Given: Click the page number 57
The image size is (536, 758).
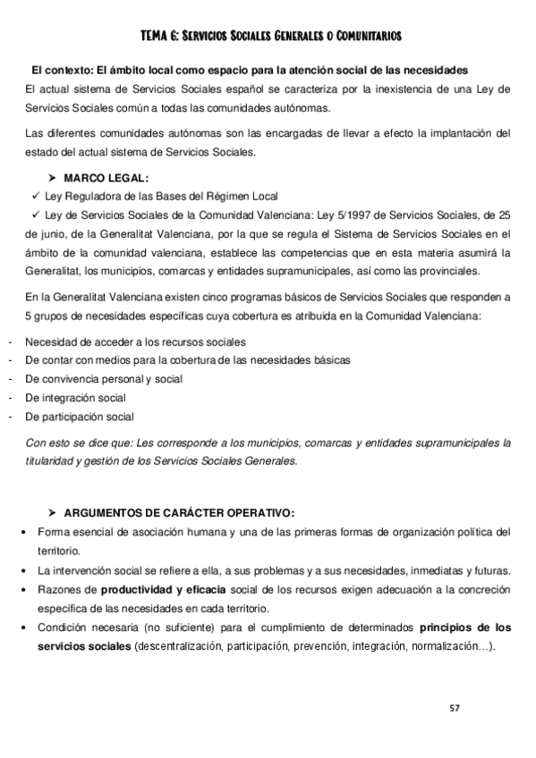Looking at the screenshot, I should pos(455,708).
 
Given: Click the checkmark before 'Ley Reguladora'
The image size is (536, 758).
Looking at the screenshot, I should pos(34,196).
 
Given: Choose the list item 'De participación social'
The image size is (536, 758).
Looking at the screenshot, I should pos(80,416).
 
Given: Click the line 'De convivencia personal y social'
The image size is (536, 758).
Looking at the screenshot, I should pos(104,378).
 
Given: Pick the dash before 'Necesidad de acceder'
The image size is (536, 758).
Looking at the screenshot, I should pos(8,341).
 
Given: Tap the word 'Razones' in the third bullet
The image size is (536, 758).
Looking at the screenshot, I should pos(61,590).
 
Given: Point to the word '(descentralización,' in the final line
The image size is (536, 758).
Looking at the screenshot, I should pos(178,646).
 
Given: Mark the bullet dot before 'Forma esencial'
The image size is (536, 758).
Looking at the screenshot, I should pos(22,534).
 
